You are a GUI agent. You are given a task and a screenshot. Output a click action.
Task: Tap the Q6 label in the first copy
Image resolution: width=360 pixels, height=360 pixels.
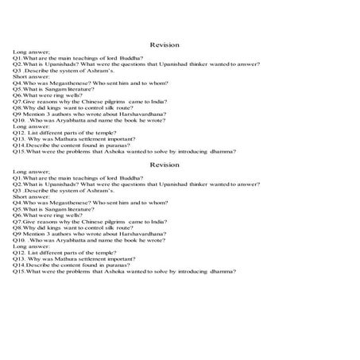[17, 97]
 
